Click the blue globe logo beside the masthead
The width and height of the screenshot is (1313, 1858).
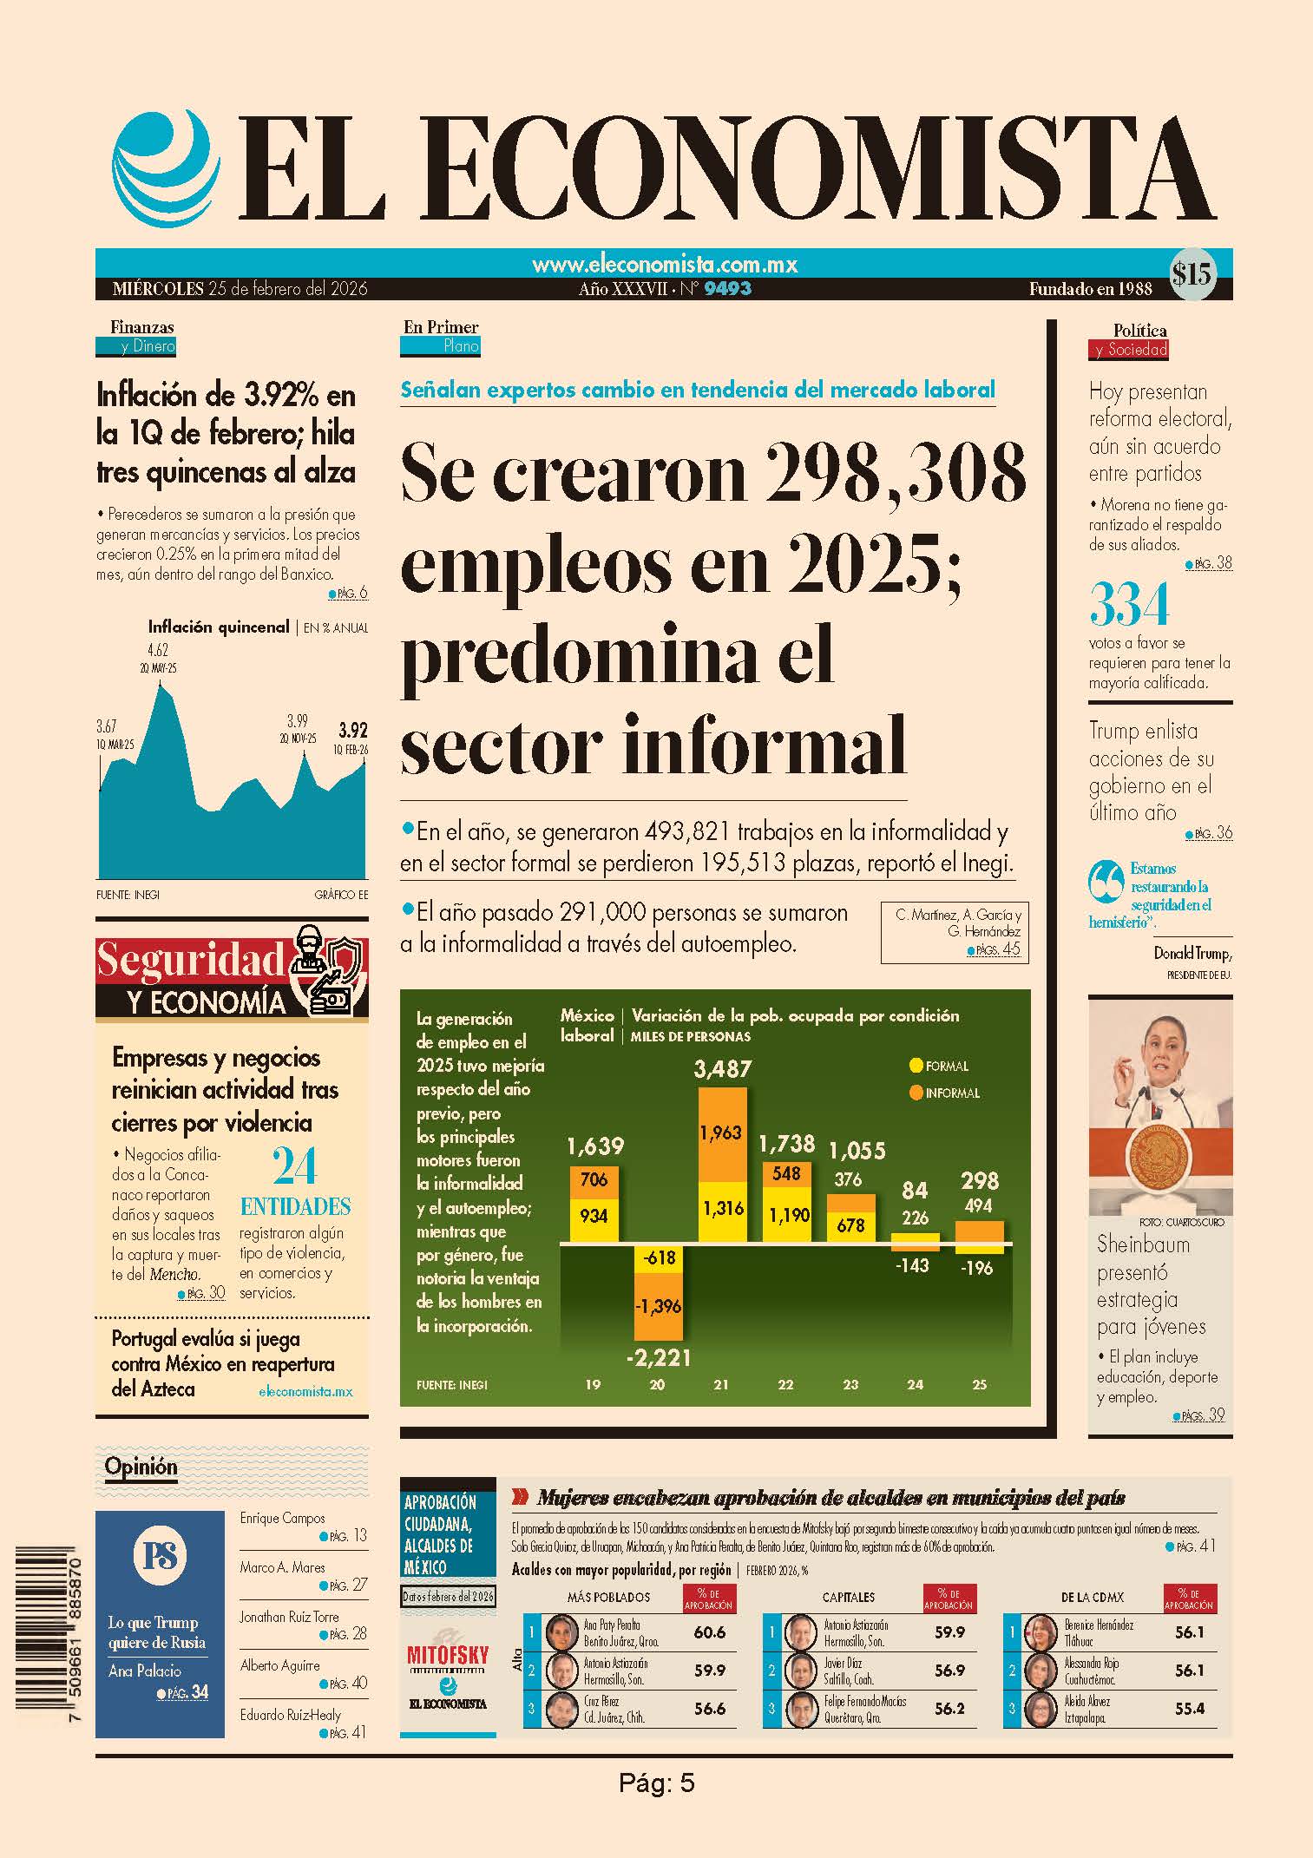[162, 167]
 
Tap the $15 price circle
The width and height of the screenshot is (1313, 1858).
[1192, 274]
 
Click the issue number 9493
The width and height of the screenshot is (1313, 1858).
[727, 289]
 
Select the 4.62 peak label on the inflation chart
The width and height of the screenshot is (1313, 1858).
[157, 650]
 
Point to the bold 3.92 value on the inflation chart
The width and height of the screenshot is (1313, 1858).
[353, 730]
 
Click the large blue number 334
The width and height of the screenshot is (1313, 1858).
[1129, 604]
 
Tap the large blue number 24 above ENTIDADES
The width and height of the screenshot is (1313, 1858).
[294, 1167]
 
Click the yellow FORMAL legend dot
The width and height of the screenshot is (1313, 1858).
[916, 1066]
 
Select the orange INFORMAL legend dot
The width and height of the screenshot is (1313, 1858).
[916, 1093]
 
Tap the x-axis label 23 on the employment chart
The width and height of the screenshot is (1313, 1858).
[850, 1385]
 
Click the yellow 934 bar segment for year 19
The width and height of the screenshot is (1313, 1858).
[594, 1217]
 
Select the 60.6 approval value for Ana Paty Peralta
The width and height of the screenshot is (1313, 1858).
[710, 1632]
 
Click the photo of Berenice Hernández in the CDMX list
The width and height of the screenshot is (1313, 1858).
[1040, 1632]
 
